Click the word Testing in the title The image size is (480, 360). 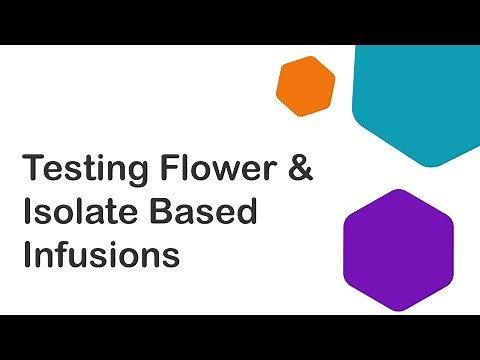pos(81,168)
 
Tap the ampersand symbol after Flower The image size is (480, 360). pos(300,168)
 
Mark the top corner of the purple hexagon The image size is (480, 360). pos(398,190)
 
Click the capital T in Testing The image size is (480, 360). pos(33,168)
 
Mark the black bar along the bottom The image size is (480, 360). pos(240,337)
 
